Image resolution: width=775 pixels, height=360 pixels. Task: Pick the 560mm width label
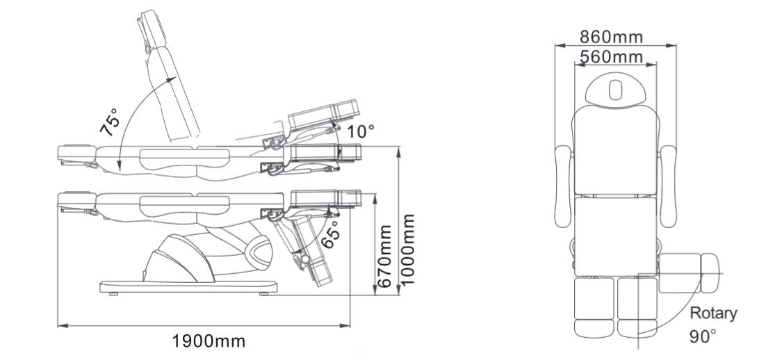612,56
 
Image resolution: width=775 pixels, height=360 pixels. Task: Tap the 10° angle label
361,130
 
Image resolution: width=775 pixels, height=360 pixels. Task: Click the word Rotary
713,313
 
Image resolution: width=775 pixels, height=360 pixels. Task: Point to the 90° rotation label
703,336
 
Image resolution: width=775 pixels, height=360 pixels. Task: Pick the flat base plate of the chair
190,286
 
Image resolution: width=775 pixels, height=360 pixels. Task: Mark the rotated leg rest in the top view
690,274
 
